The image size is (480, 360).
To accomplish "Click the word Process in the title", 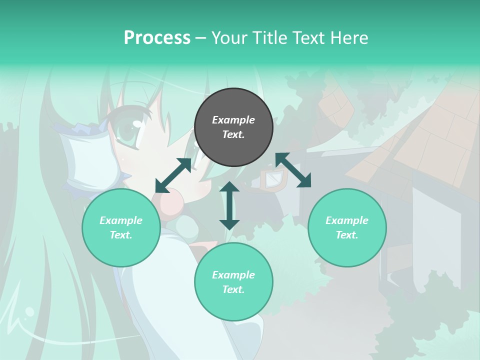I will (157, 38).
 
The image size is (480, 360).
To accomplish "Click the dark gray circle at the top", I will (233, 127).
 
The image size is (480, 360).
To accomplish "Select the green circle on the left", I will (121, 228).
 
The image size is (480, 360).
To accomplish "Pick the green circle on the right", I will (347, 228).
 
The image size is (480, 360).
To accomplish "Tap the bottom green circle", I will (233, 282).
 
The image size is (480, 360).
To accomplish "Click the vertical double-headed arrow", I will (229, 205).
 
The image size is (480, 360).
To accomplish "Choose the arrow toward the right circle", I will (293, 170).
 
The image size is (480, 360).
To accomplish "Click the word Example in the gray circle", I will (233, 120).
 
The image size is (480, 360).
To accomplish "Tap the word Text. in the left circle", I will (121, 235).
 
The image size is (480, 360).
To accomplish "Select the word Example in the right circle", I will (347, 220).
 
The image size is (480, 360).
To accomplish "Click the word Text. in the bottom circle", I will (233, 290).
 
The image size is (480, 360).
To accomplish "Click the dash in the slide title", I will (200, 38).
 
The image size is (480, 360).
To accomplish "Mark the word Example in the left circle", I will (121, 220).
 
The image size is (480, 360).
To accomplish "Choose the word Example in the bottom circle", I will (233, 275).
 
